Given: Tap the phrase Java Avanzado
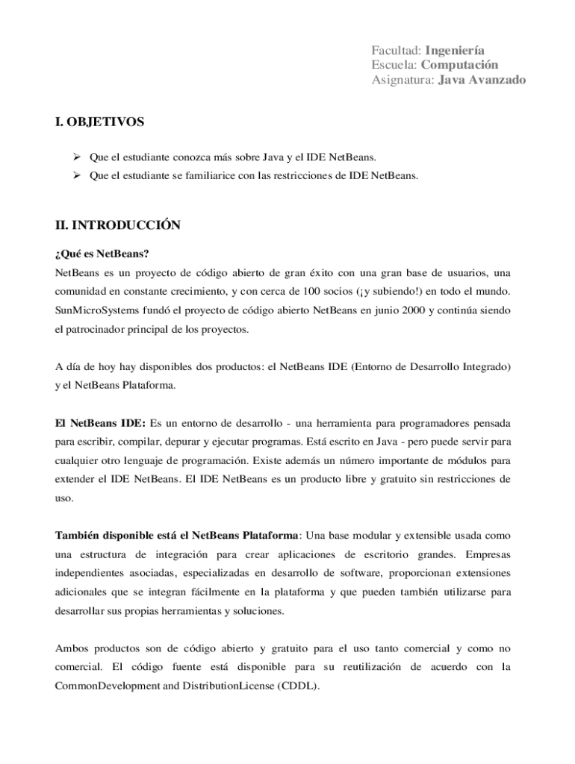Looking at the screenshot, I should coord(482,80).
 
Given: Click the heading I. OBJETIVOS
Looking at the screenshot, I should coord(99,121).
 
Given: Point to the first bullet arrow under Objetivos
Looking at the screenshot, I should coord(75,157).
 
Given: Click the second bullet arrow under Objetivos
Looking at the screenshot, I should coord(75,176).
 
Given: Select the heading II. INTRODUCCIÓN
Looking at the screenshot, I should coord(118,225).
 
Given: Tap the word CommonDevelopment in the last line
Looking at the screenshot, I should coord(105,687).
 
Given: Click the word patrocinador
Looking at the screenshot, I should coord(101,328).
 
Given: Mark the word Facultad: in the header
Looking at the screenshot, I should coord(397,50).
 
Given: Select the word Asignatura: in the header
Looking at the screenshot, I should coord(402,80).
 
